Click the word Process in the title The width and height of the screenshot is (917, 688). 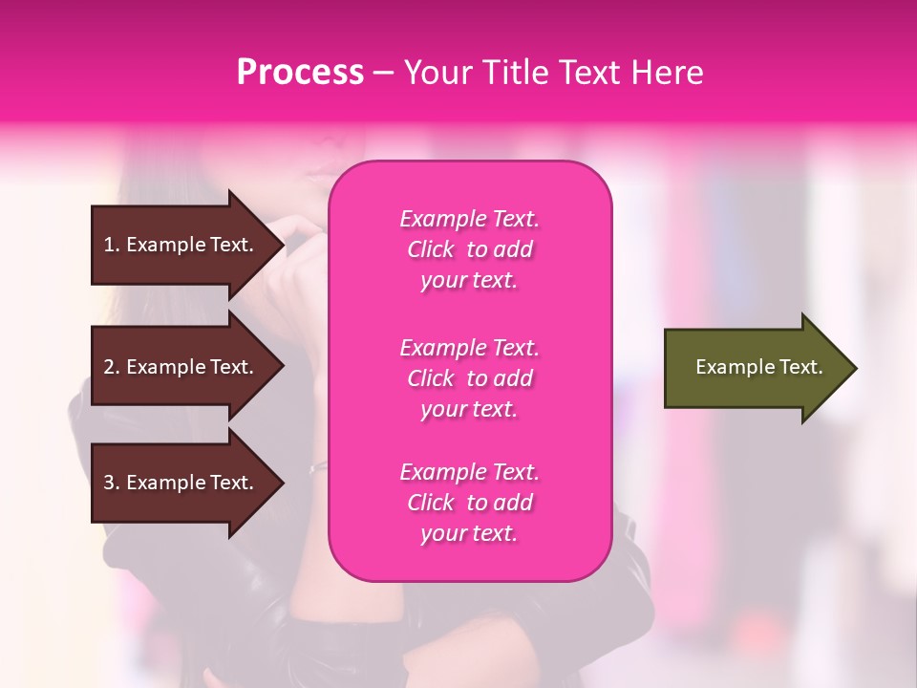click(x=300, y=73)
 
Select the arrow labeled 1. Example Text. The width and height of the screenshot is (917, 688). click(x=181, y=245)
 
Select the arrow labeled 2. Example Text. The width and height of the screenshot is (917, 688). click(x=181, y=367)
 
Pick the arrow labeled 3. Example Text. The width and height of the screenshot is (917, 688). click(x=181, y=483)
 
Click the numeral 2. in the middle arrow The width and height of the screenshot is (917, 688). click(x=112, y=367)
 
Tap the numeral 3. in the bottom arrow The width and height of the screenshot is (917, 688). click(x=112, y=483)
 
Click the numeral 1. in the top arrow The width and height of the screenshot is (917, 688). click(x=112, y=245)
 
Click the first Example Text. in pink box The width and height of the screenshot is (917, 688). click(x=469, y=219)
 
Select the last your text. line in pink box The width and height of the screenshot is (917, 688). click(x=469, y=533)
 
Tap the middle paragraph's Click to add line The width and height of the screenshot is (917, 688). click(x=469, y=378)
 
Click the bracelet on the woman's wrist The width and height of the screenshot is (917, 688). click(x=317, y=467)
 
